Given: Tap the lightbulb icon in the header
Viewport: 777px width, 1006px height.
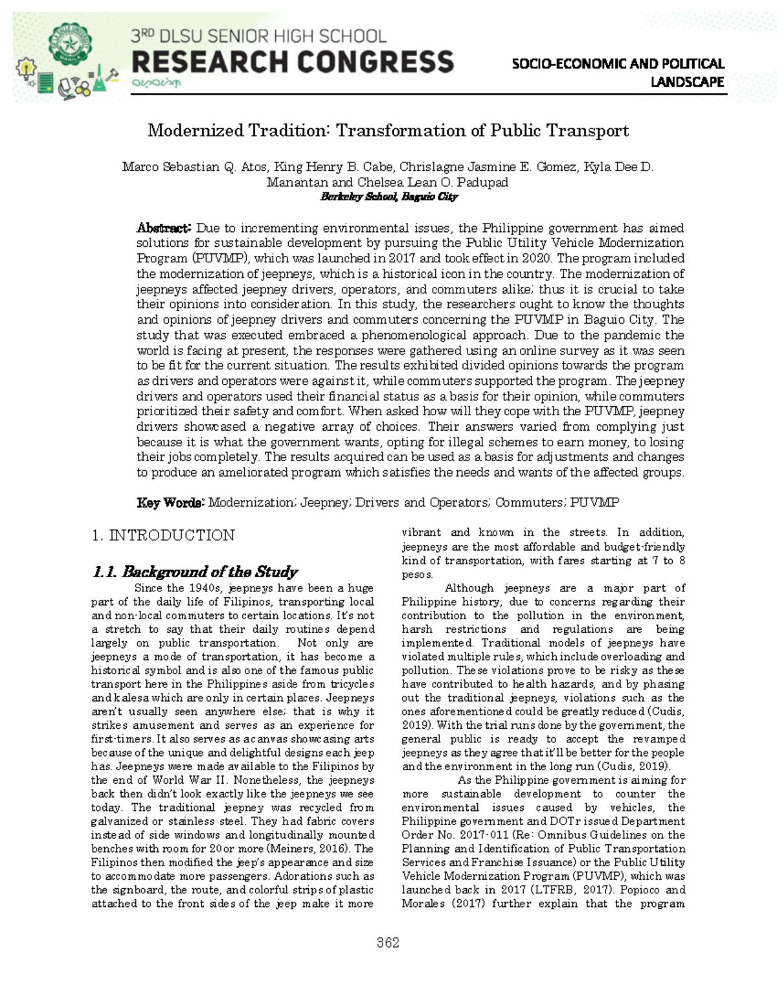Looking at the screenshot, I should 25,67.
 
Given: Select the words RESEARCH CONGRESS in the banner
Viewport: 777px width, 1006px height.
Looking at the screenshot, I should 293,63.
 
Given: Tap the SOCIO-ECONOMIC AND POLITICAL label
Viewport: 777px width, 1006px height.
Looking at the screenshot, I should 618,63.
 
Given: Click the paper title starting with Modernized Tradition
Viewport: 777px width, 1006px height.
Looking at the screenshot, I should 388,131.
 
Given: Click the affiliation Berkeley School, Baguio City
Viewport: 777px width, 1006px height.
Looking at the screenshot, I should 388,196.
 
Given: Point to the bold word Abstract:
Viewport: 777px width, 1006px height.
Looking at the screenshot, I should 163,228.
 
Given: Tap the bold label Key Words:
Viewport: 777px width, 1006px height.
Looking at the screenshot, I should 170,503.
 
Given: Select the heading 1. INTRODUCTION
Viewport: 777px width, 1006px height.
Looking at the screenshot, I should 163,535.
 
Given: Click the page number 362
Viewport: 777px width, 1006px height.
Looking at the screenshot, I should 388,943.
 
